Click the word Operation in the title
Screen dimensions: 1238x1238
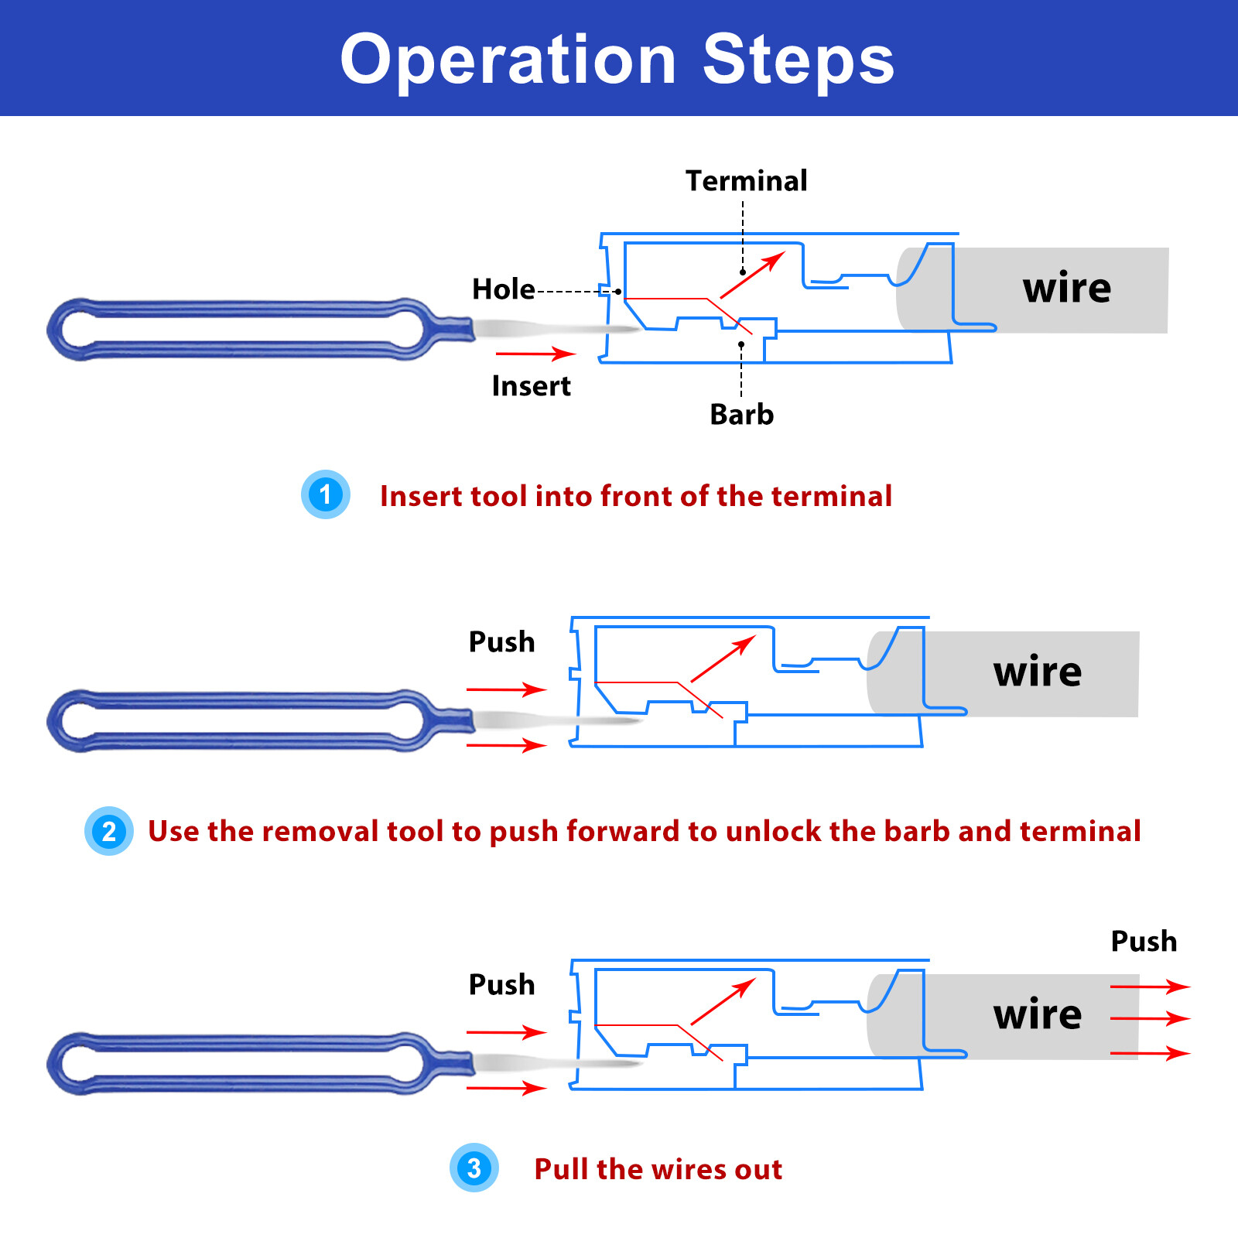(508, 60)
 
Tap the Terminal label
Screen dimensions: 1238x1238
(746, 181)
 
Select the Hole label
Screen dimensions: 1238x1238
(503, 289)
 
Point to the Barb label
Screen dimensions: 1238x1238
(741, 415)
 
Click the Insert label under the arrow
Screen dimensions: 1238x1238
(531, 386)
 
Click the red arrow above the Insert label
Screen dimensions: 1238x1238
(535, 354)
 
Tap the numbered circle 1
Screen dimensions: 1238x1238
(325, 494)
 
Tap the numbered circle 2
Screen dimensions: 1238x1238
(109, 831)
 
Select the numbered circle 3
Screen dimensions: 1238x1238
(474, 1168)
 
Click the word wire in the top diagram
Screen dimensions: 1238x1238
(1066, 289)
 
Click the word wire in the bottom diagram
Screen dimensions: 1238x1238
(1037, 1014)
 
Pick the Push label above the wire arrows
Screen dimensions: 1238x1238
(1144, 942)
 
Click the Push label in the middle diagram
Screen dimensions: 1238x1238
(501, 642)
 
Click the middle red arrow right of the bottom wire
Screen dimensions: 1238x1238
(1150, 1018)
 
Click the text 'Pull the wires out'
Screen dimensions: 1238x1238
(658, 1169)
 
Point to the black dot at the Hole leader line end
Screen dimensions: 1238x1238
(618, 292)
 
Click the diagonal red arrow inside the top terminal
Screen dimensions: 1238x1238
(752, 275)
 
